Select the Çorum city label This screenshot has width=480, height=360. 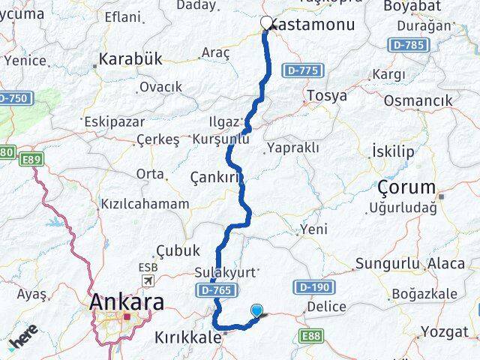click(406, 187)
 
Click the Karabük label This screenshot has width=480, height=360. click(130, 59)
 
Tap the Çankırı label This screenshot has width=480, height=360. click(217, 178)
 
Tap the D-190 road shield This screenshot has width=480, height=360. click(313, 286)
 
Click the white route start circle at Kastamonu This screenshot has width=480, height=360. click(266, 22)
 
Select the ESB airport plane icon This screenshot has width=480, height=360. click(148, 280)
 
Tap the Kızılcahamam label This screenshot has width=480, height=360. click(145, 203)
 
